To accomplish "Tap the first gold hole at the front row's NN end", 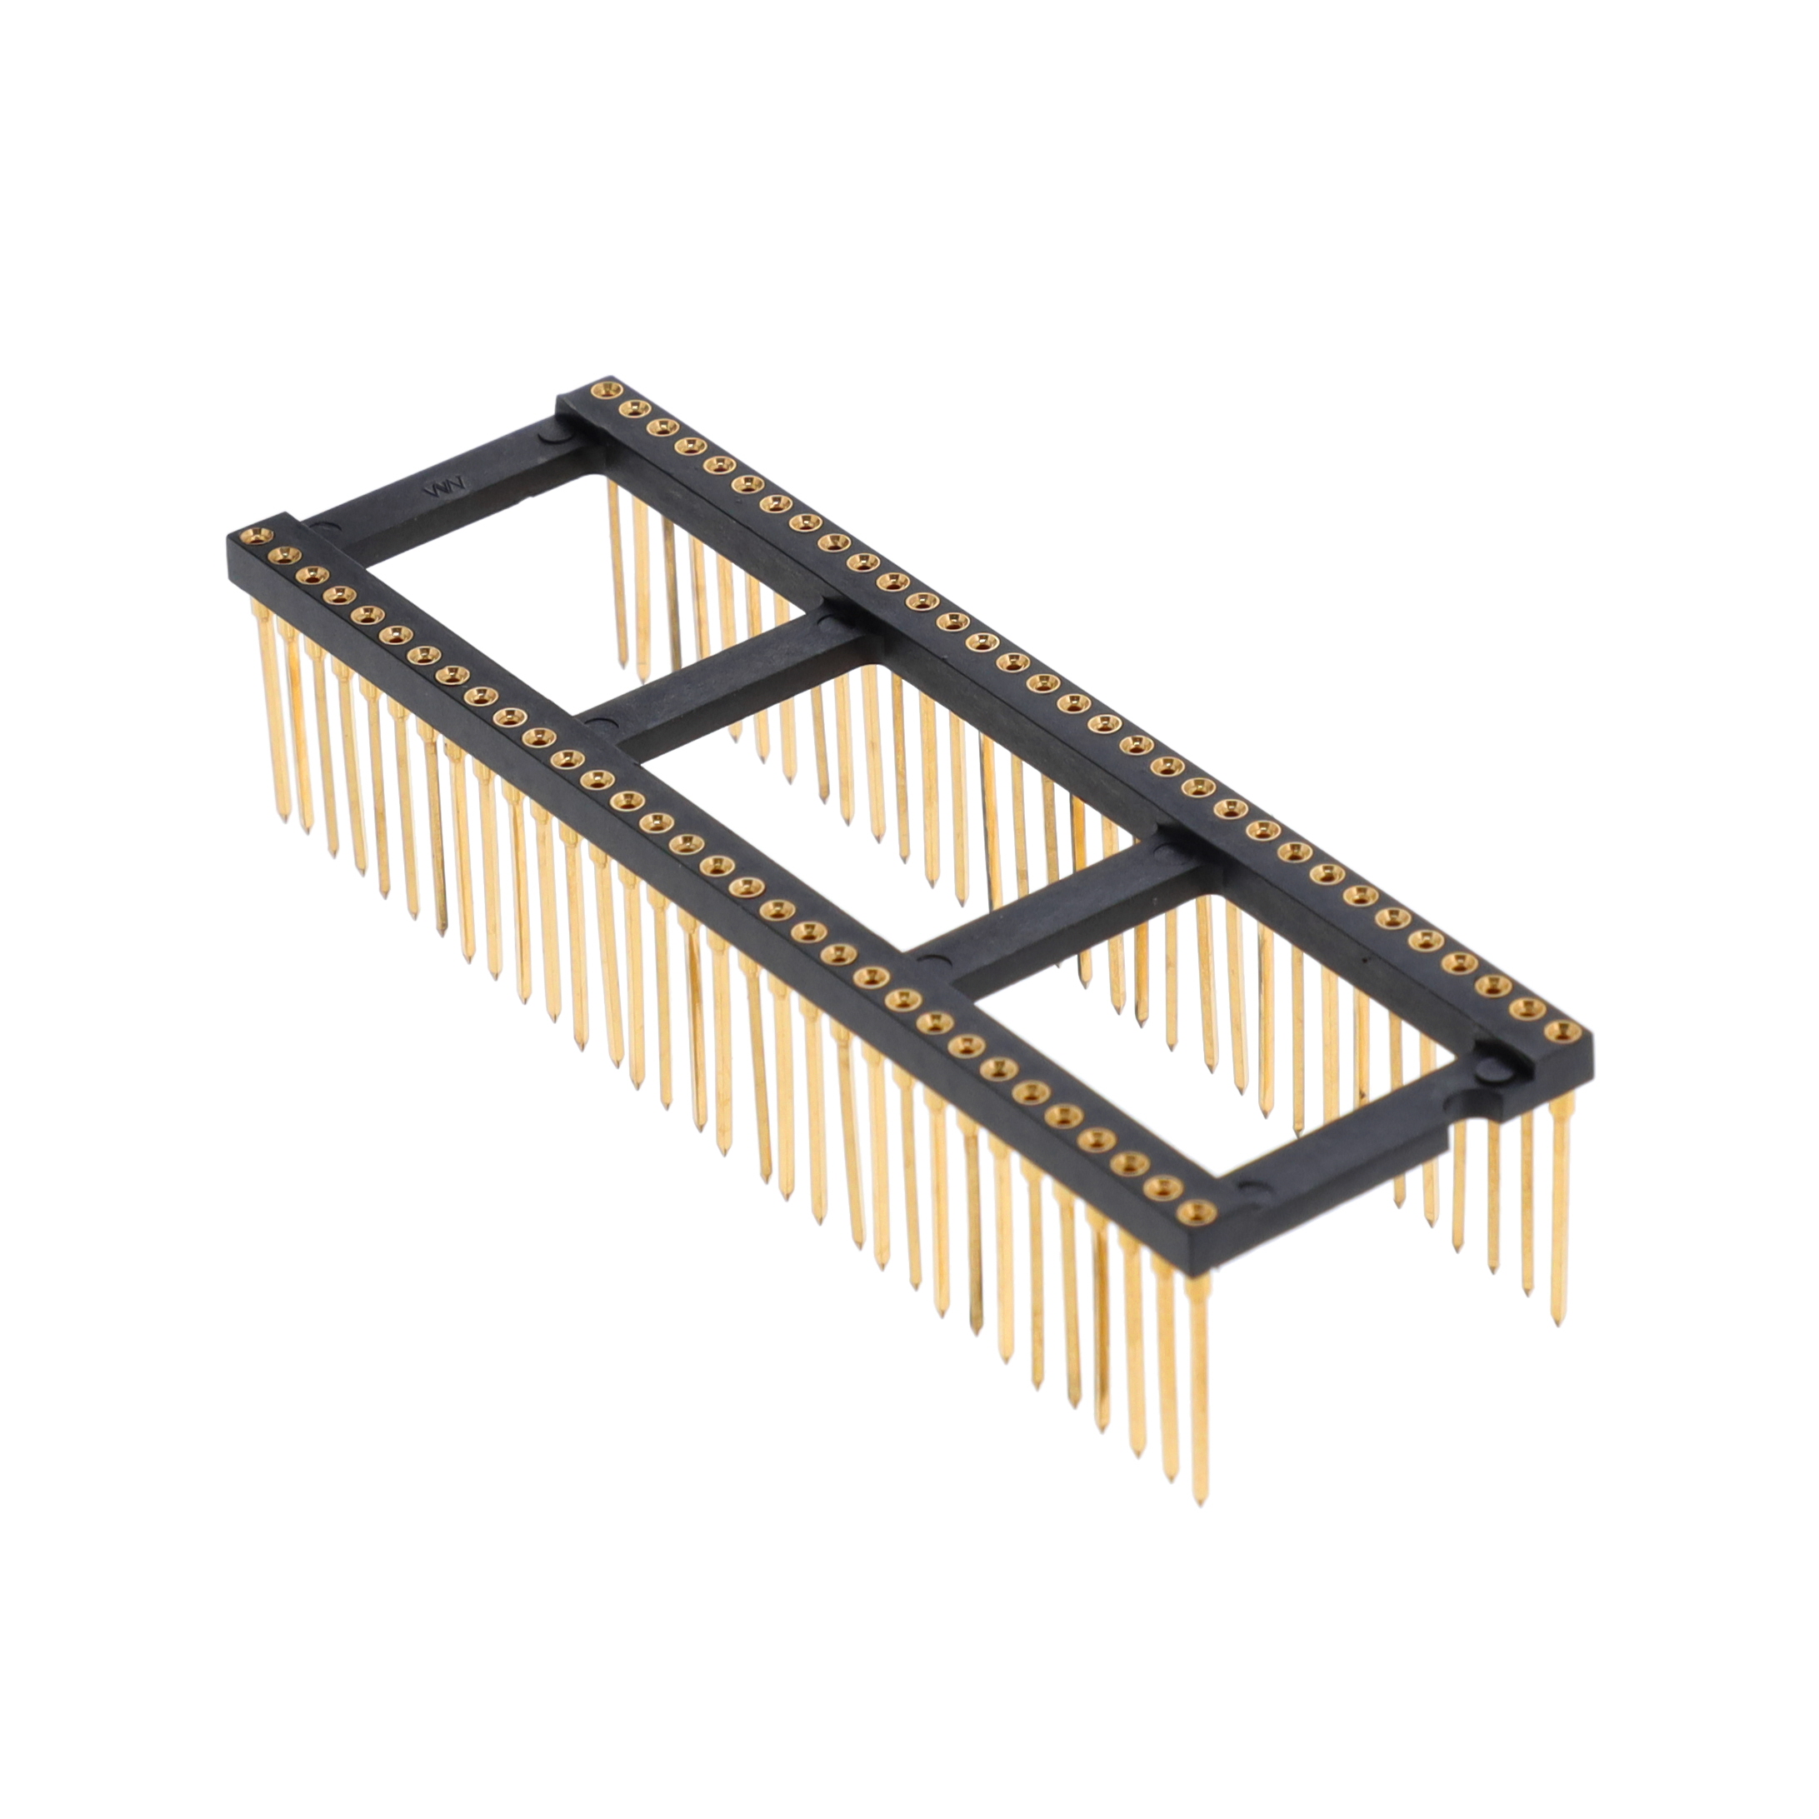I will tap(252, 537).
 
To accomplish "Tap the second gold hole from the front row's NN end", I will tap(281, 557).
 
